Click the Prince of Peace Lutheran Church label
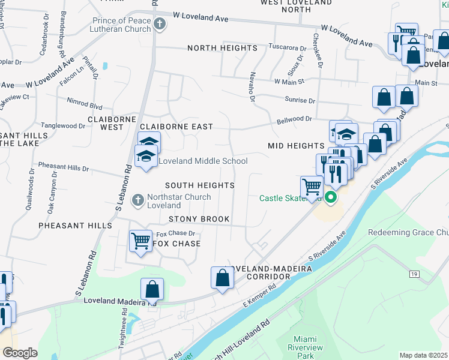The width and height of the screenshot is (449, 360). pyautogui.click(x=121, y=25)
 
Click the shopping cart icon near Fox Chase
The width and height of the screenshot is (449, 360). pyautogui.click(x=140, y=241)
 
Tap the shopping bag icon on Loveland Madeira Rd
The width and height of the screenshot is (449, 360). pyautogui.click(x=152, y=289)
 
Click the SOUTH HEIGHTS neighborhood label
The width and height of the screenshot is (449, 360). pyautogui.click(x=199, y=186)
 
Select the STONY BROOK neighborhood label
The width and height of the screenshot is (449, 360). pyautogui.click(x=199, y=220)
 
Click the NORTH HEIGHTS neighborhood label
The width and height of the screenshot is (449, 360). pyautogui.click(x=222, y=48)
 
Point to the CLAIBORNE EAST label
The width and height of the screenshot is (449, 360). pyautogui.click(x=176, y=127)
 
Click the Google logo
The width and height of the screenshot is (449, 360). pyautogui.click(x=20, y=353)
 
